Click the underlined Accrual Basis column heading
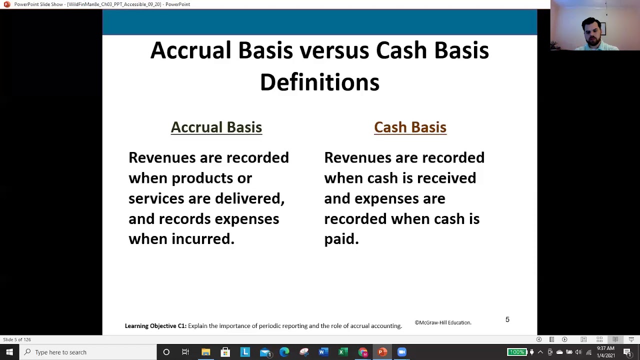click(x=216, y=127)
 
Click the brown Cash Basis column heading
click(x=410, y=127)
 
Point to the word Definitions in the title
click(x=319, y=82)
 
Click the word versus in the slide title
click(x=333, y=50)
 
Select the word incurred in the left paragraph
click(x=202, y=239)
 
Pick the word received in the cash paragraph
click(x=446, y=178)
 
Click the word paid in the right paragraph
click(x=341, y=239)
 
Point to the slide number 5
click(x=507, y=319)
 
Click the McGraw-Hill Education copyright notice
click(x=442, y=322)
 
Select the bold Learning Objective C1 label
click(x=155, y=326)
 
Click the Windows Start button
click(x=9, y=352)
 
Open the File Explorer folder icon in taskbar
click(x=205, y=352)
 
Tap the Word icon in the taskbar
click(x=322, y=352)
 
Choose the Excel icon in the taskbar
click(x=342, y=352)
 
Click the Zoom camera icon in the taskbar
click(x=402, y=352)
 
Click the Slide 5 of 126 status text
click(x=17, y=339)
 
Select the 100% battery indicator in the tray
click(x=516, y=352)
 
